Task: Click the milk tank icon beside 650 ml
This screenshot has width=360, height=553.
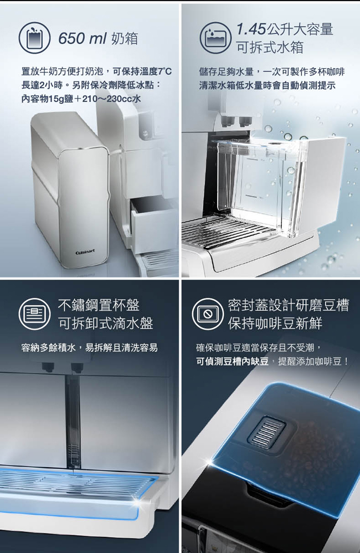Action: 34,38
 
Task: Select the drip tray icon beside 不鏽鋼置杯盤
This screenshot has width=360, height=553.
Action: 34,314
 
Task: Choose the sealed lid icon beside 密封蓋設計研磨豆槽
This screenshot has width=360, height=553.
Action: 208,314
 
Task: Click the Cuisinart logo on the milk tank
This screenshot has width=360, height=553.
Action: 85,252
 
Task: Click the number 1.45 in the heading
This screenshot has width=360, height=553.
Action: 251,29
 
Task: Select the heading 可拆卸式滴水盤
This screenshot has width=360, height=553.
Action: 105,323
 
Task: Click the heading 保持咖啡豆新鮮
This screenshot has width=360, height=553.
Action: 275,323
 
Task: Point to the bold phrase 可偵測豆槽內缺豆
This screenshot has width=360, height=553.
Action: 233,361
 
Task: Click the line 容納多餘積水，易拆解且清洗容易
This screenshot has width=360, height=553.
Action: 90,348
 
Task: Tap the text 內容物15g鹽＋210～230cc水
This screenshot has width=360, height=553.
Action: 81,99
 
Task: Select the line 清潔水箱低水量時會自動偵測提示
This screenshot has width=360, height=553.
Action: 268,85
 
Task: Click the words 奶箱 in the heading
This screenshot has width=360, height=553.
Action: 125,38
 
